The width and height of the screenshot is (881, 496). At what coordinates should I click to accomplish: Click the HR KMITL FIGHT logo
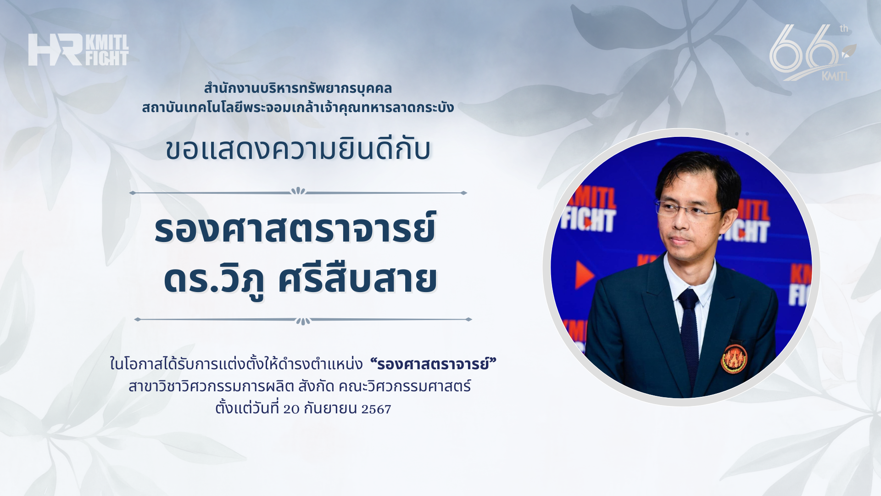[x=78, y=50]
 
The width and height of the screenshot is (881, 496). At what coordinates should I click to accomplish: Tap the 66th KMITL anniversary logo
[x=813, y=52]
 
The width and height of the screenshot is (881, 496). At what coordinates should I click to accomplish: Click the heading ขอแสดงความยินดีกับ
[x=298, y=150]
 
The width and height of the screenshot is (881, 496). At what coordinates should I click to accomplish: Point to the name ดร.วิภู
[x=214, y=279]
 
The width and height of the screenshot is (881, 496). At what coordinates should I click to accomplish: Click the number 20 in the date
[x=291, y=409]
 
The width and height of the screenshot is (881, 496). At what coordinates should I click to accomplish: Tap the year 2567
[x=376, y=409]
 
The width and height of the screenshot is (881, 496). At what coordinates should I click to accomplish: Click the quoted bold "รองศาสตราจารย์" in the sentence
[x=434, y=364]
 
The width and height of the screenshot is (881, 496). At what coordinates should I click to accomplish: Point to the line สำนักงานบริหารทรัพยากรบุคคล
[x=298, y=88]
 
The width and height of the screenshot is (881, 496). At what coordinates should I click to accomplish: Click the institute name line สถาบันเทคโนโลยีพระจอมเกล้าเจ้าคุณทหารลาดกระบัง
[x=298, y=107]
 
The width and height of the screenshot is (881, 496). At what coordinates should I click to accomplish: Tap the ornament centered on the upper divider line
[x=298, y=191]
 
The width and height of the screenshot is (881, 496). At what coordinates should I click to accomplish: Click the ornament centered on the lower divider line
[x=303, y=321]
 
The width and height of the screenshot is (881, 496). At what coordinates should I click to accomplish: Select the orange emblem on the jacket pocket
[x=734, y=359]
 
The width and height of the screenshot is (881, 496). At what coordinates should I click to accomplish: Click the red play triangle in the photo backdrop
[x=585, y=275]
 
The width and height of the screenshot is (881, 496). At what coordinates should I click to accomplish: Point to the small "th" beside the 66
[x=844, y=28]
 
